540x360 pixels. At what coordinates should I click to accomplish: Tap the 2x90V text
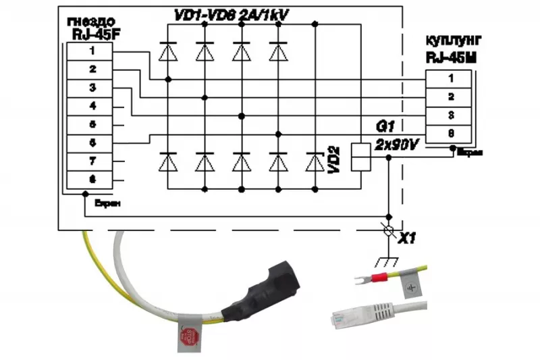[x=396, y=145]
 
